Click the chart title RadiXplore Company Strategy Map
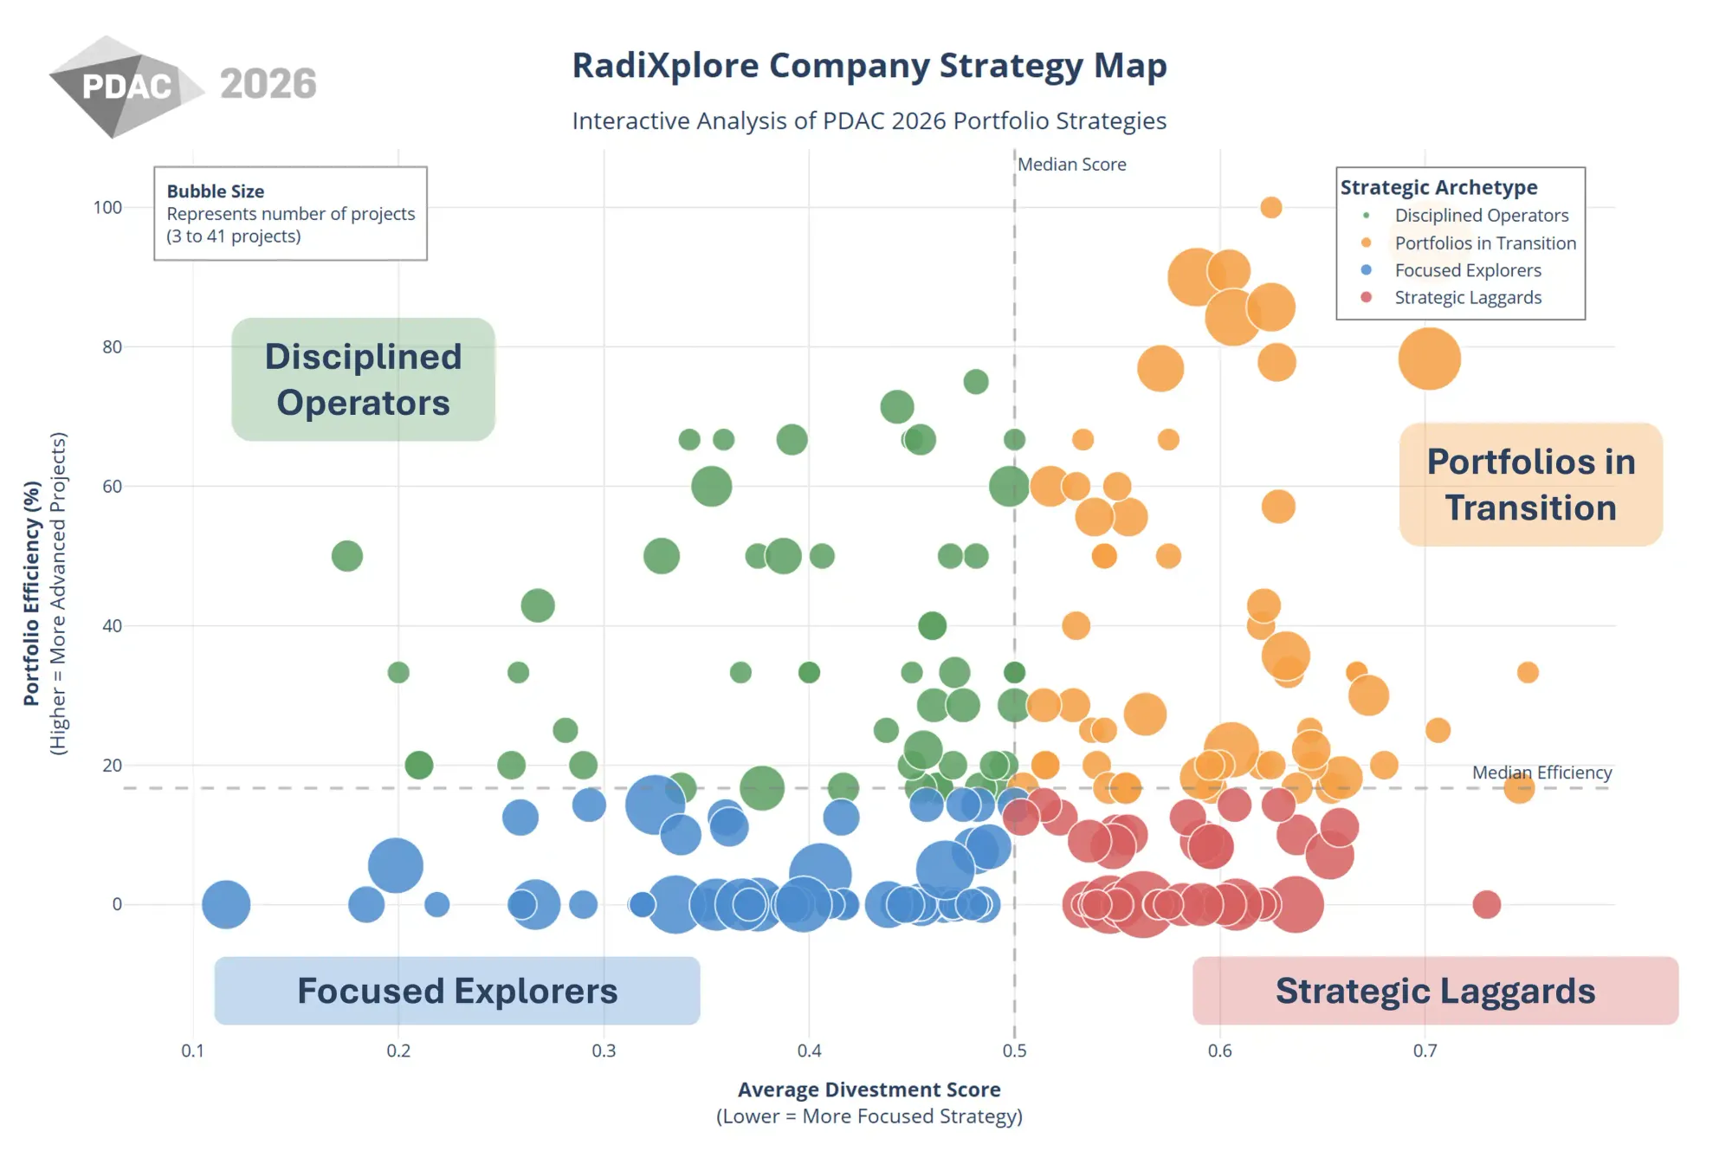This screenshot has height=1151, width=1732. tap(869, 66)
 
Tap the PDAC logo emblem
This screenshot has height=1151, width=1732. tap(121, 87)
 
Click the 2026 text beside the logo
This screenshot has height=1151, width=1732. tap(268, 84)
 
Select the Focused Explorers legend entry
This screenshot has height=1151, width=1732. tap(1467, 270)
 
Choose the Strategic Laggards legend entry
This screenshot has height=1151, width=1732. tap(1467, 298)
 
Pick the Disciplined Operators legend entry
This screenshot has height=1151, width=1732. tap(1481, 216)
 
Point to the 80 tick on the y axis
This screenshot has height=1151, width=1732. tap(112, 347)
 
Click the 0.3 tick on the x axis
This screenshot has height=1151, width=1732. tap(604, 1051)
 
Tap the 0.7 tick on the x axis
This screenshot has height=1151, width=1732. tap(1425, 1051)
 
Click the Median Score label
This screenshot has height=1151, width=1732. tap(1071, 165)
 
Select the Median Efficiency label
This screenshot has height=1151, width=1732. tap(1541, 773)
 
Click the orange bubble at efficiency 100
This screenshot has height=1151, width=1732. tap(1270, 207)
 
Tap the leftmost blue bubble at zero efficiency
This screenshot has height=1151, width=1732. tap(226, 904)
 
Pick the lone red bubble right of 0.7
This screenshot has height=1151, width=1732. tap(1486, 904)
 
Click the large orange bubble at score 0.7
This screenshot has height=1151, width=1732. tap(1429, 359)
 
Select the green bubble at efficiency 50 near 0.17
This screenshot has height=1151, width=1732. tap(346, 556)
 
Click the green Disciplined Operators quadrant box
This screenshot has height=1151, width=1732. tap(363, 379)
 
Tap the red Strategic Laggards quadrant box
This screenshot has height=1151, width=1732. tap(1435, 991)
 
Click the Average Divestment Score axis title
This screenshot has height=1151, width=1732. tap(869, 1090)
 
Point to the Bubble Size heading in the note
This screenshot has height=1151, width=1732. tap(216, 191)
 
